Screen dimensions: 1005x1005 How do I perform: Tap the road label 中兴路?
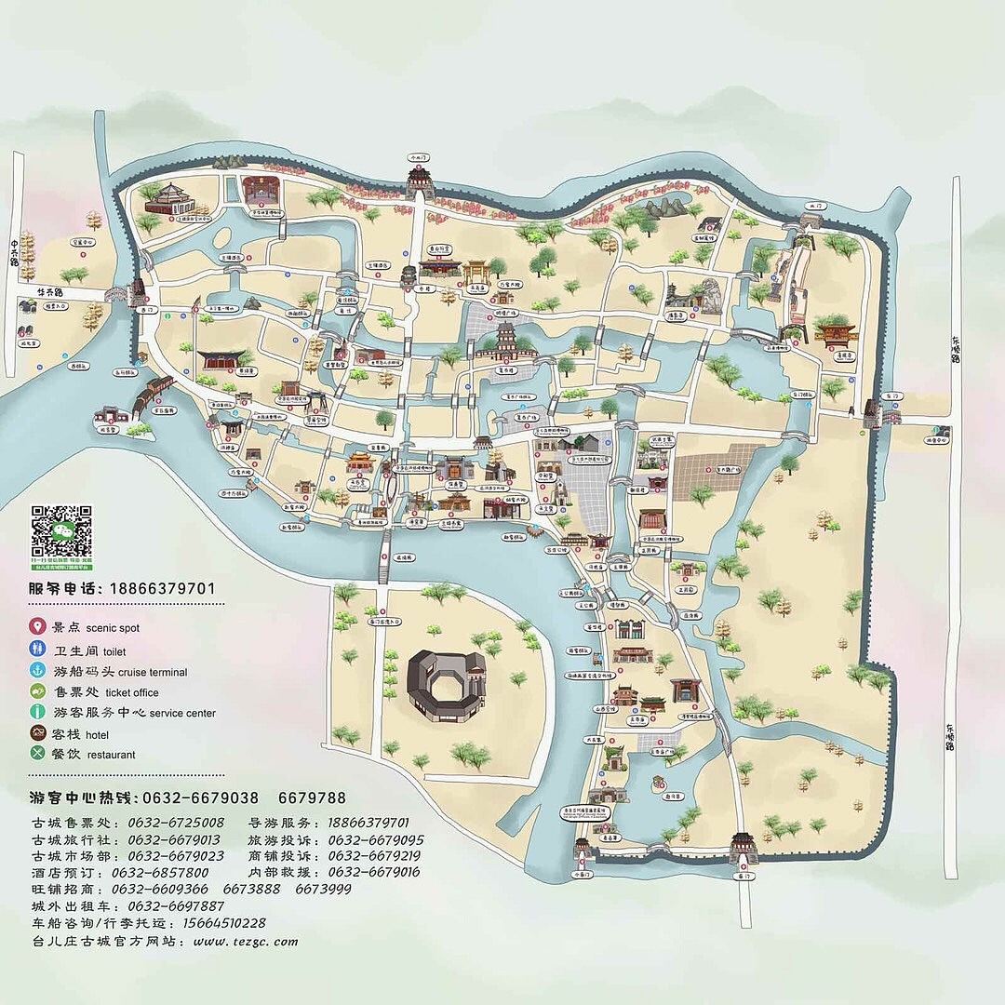15,250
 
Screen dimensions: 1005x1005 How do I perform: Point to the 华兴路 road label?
49,292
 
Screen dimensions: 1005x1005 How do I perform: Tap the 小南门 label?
583,876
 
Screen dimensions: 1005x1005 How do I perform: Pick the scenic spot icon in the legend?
38,628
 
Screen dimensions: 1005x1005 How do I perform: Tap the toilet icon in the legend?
38,650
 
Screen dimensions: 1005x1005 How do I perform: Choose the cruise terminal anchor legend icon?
38,671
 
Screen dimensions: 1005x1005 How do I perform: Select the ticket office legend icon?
38,691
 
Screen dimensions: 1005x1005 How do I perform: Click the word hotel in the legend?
100,734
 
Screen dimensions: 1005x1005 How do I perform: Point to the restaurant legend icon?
38,754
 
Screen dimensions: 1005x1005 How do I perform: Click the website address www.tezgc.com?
246,941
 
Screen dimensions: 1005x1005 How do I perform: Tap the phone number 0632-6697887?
176,905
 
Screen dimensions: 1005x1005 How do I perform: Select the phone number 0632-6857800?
160,873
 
